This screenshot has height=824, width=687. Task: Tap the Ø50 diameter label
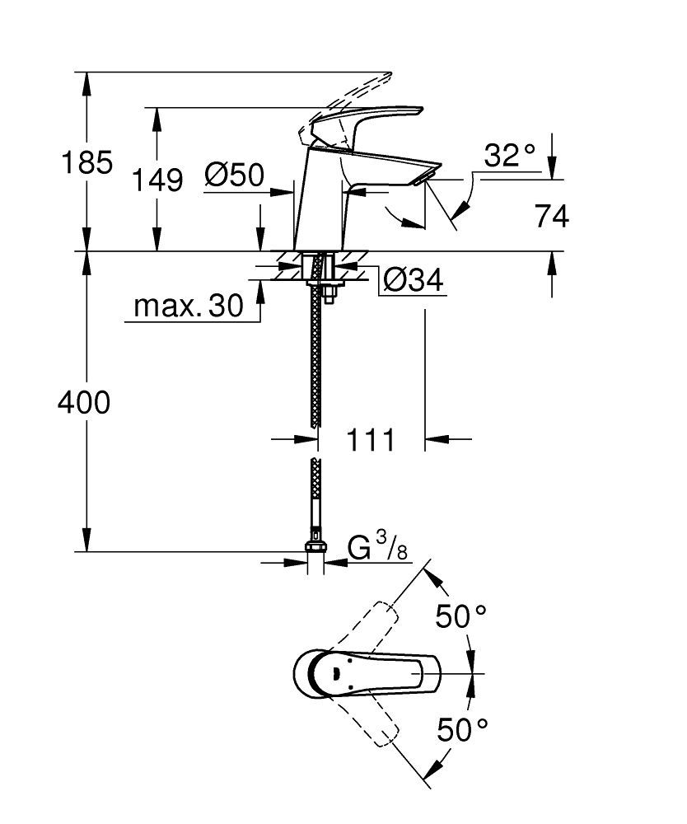pos(234,175)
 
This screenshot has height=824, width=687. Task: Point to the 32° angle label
pos(508,156)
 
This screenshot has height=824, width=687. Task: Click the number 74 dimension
pos(552,217)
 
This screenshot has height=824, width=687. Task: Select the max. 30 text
pos(189,307)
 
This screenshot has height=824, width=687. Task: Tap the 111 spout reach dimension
pos(370,440)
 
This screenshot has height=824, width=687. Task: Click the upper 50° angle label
pos(462,616)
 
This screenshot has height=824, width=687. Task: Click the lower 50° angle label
pos(462,728)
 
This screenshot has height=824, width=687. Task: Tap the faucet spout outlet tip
pos(428,175)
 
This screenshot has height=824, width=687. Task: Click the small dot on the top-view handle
pos(334,674)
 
